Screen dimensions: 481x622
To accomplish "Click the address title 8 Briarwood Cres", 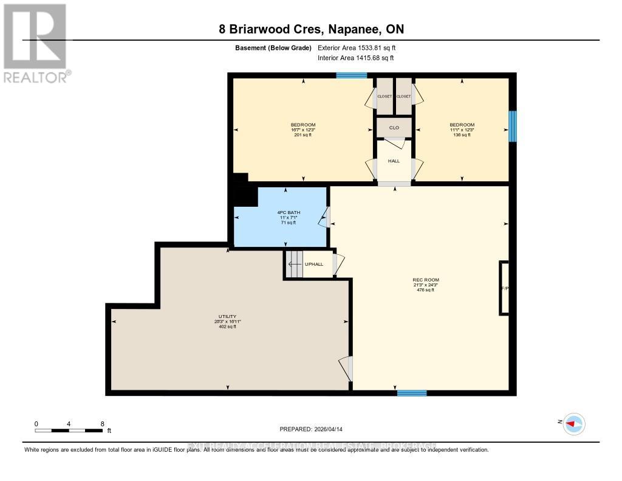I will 312,29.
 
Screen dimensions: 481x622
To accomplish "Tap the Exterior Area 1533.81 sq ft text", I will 357,47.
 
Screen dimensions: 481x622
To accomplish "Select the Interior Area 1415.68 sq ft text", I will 356,58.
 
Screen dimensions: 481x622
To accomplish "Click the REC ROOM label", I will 425,285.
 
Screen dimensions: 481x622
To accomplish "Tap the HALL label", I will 394,161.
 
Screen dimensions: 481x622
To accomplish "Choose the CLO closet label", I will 394,128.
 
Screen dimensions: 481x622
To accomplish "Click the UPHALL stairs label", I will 314,264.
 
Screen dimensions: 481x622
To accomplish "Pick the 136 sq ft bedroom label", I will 462,130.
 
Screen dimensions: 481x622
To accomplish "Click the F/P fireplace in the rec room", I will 504,288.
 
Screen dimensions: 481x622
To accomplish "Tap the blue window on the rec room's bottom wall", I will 412,393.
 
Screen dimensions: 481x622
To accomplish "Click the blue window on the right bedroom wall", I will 512,126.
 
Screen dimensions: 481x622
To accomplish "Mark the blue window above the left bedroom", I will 352,75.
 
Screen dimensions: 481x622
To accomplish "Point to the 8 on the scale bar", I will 102,424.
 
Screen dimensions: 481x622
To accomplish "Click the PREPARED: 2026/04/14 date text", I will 311,429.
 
